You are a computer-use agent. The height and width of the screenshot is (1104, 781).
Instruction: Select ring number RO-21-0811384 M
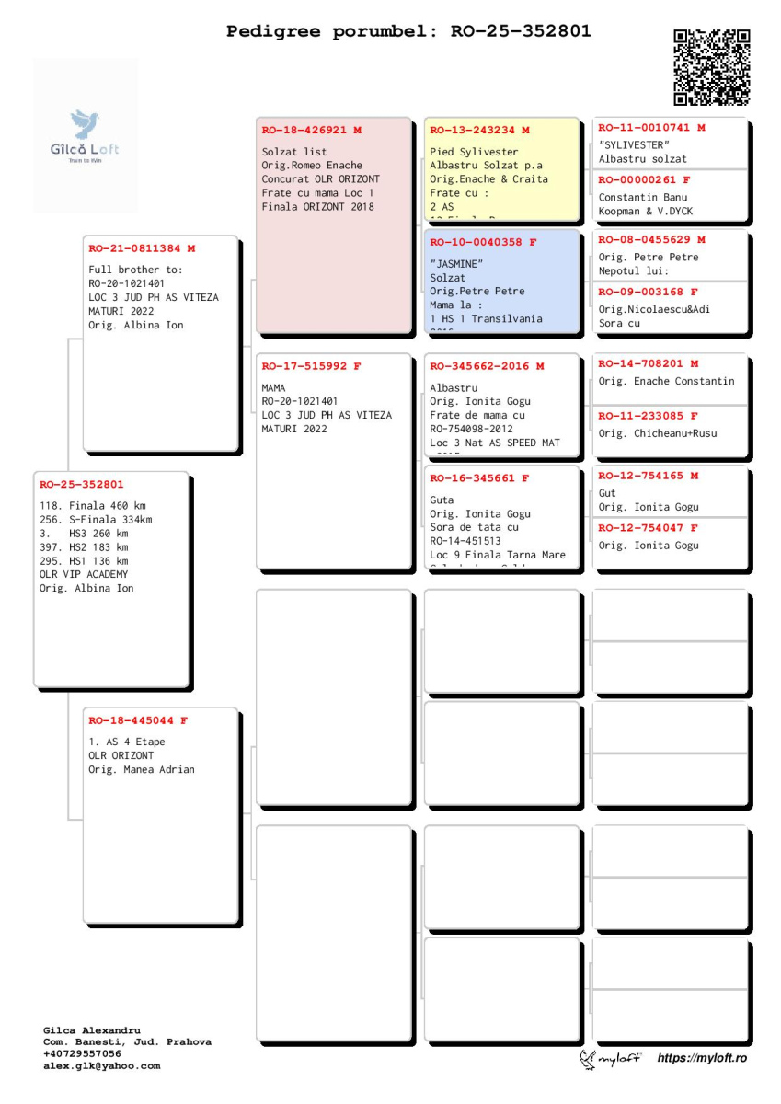[142, 248]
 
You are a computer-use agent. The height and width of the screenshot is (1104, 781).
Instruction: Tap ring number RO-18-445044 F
[138, 720]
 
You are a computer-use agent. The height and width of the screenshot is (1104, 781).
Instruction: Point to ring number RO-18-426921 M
[311, 131]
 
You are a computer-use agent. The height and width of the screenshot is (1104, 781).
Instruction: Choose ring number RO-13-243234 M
[479, 131]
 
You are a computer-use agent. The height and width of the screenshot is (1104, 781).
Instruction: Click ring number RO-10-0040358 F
[483, 243]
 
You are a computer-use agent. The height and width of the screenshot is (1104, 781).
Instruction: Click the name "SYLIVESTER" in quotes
[634, 145]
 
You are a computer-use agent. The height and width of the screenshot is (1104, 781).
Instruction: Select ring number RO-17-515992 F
[311, 366]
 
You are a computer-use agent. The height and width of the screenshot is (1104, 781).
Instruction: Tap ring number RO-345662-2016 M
[487, 366]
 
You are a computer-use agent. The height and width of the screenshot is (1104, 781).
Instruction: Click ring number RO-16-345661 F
[479, 478]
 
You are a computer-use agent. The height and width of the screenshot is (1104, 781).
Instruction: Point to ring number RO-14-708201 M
[648, 364]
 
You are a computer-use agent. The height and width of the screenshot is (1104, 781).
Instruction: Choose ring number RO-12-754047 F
[648, 528]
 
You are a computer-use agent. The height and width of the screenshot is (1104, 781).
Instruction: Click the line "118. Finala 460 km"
[93, 506]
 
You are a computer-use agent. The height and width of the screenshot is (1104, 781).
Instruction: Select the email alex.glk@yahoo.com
[101, 1066]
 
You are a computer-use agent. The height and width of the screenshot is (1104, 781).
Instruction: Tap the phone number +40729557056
[82, 1054]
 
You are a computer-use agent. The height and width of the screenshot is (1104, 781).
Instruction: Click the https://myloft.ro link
[702, 1059]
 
